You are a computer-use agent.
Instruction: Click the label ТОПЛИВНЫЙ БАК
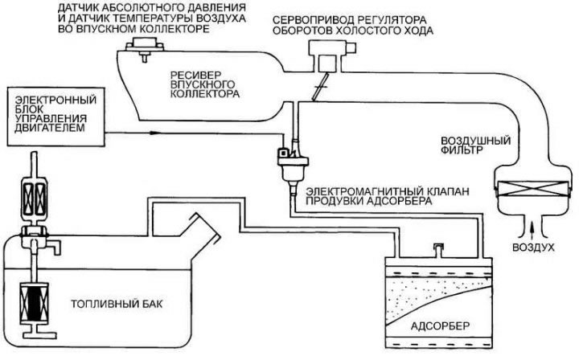(117, 305)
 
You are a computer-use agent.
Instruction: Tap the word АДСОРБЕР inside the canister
(440, 326)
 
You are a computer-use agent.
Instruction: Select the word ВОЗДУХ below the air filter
(533, 247)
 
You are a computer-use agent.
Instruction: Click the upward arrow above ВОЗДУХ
(532, 231)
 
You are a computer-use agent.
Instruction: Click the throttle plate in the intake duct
(320, 87)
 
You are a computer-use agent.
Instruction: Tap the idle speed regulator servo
(331, 56)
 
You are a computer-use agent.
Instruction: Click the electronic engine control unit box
(56, 117)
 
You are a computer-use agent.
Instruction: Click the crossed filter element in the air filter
(532, 188)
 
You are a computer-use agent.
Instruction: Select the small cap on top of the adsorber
(438, 250)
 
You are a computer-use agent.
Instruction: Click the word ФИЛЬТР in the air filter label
(462, 150)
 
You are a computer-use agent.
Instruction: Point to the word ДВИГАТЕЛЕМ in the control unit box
(50, 128)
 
